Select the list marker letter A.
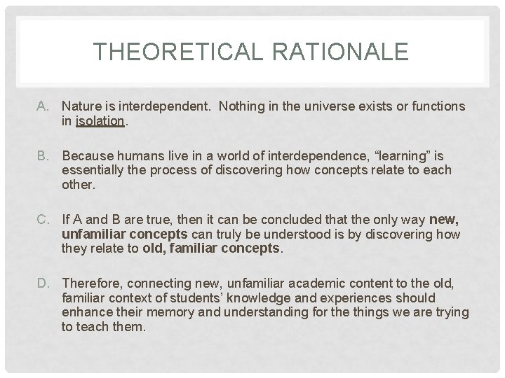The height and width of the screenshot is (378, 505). [43, 106]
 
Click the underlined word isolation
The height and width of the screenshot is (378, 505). [100, 120]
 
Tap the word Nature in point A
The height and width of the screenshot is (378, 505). [80, 106]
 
